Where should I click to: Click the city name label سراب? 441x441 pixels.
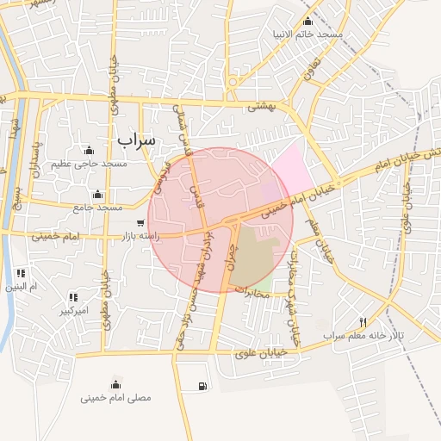(137, 139)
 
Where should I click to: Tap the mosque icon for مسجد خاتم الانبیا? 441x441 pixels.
(308, 22)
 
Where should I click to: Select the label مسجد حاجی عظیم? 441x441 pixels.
(89, 164)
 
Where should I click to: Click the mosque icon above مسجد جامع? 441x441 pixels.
(97, 194)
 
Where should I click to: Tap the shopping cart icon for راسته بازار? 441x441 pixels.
(140, 223)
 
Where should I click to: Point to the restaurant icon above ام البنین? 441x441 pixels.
(21, 273)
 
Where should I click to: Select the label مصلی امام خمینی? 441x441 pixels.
(115, 398)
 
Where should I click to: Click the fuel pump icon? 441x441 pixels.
(202, 386)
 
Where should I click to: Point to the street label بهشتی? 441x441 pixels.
(261, 107)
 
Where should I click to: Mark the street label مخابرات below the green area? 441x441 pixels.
(256, 293)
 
